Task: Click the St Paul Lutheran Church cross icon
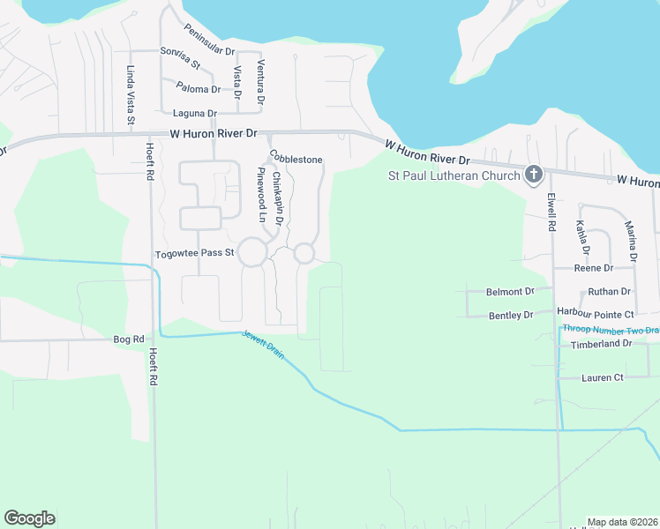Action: pos(533,175)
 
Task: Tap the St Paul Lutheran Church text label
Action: pos(454,175)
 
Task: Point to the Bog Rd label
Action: pos(129,339)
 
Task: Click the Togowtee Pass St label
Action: pos(194,253)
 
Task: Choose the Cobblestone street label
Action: pos(296,159)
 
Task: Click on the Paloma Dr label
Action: pos(199,89)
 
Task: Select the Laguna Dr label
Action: pos(195,113)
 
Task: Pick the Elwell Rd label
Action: pos(551,212)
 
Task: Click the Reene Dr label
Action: pos(593,267)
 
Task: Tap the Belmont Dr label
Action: pos(510,291)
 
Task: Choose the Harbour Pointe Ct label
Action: pos(596,314)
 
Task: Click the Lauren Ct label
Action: pos(602,377)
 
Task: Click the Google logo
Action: pos(29,518)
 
